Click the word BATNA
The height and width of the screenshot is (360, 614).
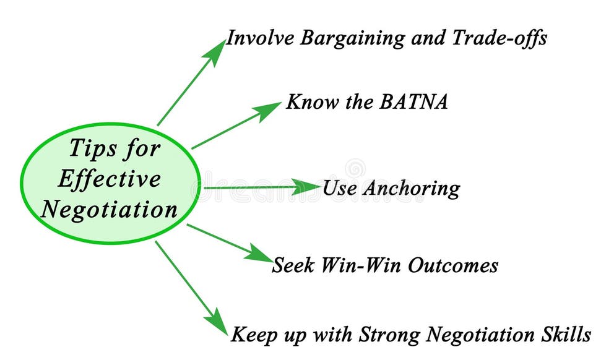410,102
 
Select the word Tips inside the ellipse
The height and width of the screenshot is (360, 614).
92,149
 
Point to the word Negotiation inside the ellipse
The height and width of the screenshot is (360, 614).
110,210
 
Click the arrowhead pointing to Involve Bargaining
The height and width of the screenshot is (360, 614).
218,50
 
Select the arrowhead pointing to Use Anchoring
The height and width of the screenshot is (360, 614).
308,186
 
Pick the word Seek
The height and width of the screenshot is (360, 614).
295,265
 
